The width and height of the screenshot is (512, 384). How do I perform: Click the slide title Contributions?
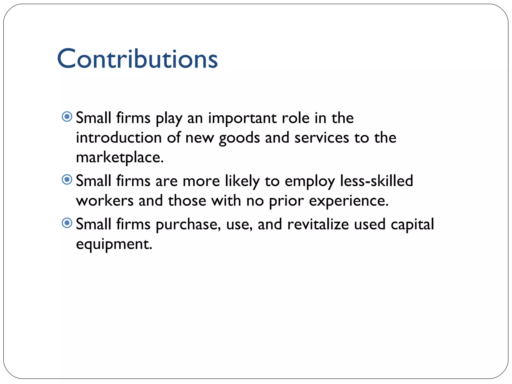137,58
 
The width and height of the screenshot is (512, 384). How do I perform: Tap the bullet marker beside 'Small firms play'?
67,116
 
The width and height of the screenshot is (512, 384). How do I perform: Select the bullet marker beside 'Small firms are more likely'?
67,179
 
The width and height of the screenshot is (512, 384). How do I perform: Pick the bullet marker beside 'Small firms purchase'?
67,223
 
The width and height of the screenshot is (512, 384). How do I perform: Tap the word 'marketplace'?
119,157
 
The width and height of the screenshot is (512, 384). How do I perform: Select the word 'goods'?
239,138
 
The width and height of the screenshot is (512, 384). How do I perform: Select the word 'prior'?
286,201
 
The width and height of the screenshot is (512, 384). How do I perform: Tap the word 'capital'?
412,224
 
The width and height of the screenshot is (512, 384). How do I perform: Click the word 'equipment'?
114,244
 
